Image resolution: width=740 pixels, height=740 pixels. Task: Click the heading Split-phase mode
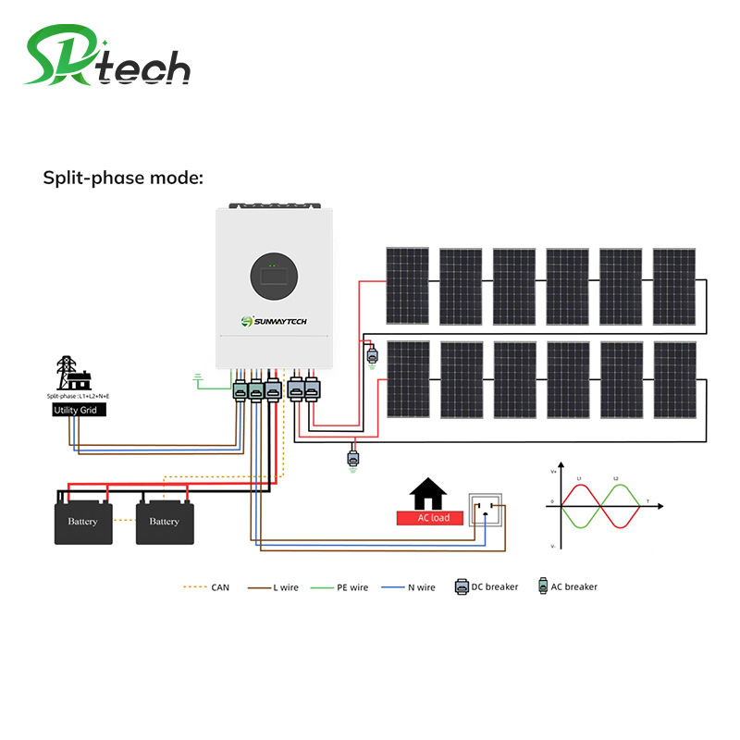point(123,178)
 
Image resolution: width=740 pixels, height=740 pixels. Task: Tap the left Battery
point(82,522)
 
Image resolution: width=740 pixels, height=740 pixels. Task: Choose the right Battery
point(164,522)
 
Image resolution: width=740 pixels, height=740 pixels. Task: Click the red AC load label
point(429,518)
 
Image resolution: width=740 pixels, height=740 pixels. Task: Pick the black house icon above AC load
point(429,491)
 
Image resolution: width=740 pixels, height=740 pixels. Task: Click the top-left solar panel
point(407,286)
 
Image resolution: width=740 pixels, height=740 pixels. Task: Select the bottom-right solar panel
point(674,380)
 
